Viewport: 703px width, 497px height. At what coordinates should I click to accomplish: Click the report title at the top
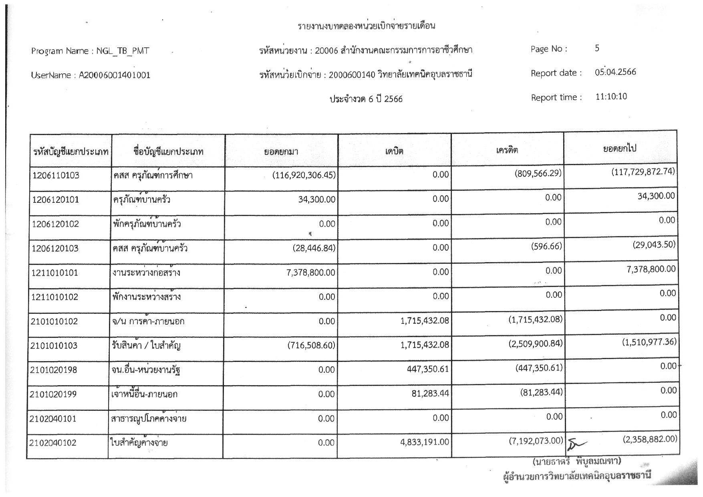pos(366,26)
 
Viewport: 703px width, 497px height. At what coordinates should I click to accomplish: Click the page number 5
pos(597,48)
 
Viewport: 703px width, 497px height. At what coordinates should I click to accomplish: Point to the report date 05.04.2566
pos(615,73)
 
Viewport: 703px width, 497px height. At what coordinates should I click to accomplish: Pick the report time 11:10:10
pos(611,97)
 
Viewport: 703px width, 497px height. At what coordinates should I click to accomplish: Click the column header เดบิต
pos(394,151)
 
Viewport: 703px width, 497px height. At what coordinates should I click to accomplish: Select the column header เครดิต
pos(507,150)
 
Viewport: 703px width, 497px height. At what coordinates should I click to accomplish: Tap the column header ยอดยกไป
pos(620,149)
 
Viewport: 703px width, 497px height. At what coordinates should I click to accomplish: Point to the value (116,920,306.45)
pos(304,175)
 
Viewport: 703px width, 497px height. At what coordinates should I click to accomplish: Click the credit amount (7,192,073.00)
pos(533,441)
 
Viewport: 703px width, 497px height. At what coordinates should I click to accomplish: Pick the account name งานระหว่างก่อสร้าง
pos(147,273)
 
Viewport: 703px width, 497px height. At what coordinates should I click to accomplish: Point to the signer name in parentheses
pos(577,462)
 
